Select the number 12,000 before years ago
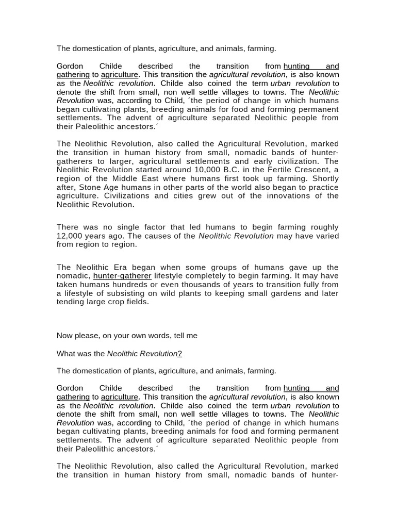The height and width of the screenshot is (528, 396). [71, 236]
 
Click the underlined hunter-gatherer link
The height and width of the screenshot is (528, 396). [122, 276]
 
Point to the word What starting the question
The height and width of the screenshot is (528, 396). [65, 354]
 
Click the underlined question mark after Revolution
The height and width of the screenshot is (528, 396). [179, 354]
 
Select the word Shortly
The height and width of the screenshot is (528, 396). [323, 178]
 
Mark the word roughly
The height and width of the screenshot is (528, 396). [323, 227]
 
